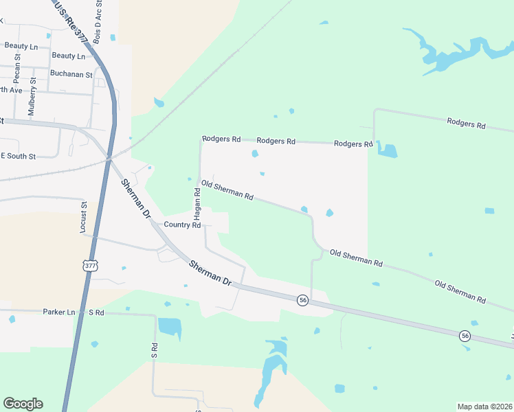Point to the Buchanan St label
[x=71, y=74]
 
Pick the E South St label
[x=18, y=156]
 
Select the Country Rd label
[x=182, y=225]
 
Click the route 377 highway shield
[x=90, y=266]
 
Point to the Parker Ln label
[x=58, y=312]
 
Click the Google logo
[x=23, y=404]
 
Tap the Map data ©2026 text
[x=484, y=407]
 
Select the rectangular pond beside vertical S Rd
[x=170, y=327]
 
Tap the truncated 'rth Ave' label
[x=11, y=90]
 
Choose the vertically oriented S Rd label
[x=155, y=350]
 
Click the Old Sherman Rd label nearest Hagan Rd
[x=227, y=190]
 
